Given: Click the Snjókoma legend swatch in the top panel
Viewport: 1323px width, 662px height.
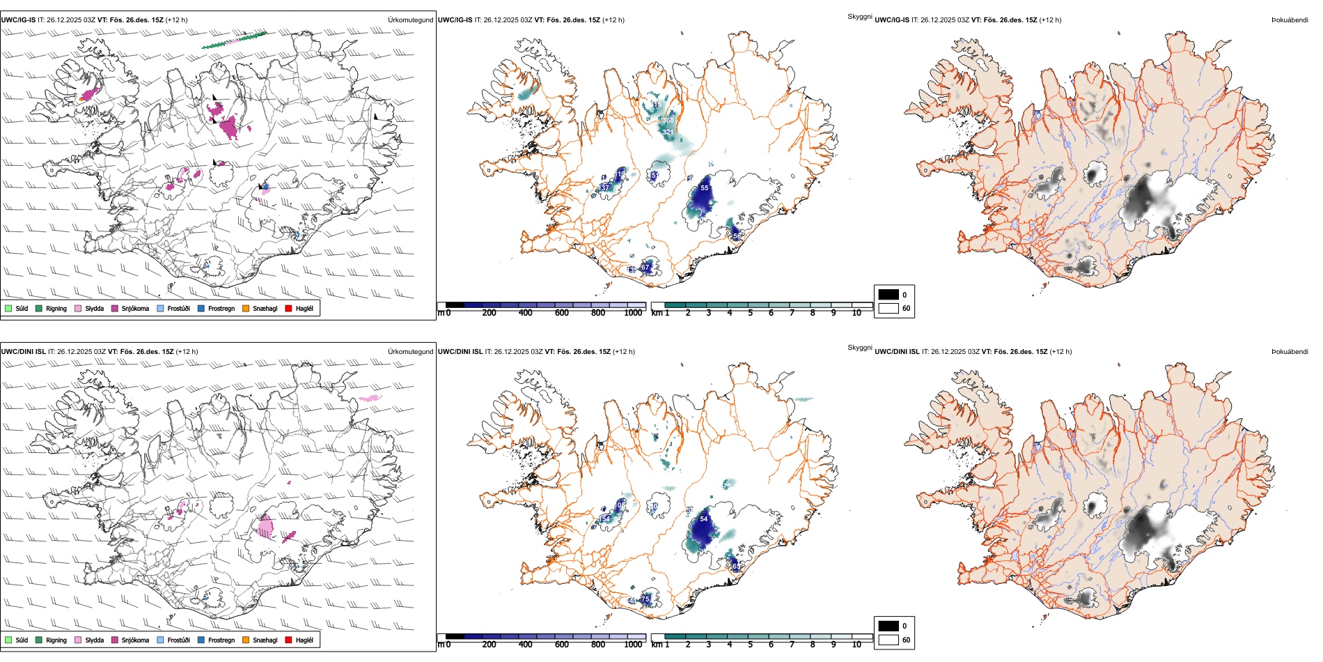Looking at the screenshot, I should (x=115, y=308).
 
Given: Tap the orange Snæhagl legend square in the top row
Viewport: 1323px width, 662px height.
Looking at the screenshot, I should (x=246, y=308).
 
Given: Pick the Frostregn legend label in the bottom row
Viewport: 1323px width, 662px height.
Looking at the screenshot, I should (x=221, y=640).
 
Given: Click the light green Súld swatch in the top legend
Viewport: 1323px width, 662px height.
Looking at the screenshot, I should (x=8, y=308).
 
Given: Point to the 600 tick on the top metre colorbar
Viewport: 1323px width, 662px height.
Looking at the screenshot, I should (x=562, y=313).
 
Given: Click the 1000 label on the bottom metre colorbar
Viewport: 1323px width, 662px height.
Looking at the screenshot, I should (x=633, y=645).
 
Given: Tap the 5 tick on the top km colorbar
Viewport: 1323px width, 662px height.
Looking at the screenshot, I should (x=750, y=313).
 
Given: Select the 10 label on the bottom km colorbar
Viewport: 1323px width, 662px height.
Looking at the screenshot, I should (x=856, y=645).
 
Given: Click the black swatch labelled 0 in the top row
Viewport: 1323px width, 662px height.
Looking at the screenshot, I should (x=888, y=295).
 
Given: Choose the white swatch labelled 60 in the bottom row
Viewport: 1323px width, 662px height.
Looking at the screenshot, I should (x=888, y=640).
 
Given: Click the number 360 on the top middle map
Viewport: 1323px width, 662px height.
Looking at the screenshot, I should (x=668, y=121).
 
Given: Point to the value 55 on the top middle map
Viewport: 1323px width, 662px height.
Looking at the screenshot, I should (x=705, y=188).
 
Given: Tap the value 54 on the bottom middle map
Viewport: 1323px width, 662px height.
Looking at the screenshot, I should (x=704, y=519).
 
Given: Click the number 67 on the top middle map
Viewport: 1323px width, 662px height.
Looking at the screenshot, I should (x=645, y=268).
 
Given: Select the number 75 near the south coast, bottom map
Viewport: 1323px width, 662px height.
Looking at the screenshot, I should (x=645, y=599).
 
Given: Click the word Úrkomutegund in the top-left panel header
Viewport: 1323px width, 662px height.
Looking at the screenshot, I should (x=410, y=20).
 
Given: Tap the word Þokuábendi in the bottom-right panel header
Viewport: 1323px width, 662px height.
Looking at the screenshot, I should (x=1290, y=352).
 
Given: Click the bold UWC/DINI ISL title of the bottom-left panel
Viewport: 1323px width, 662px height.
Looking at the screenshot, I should (x=23, y=352).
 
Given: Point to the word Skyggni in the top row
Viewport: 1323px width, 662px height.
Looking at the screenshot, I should (x=859, y=16).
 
